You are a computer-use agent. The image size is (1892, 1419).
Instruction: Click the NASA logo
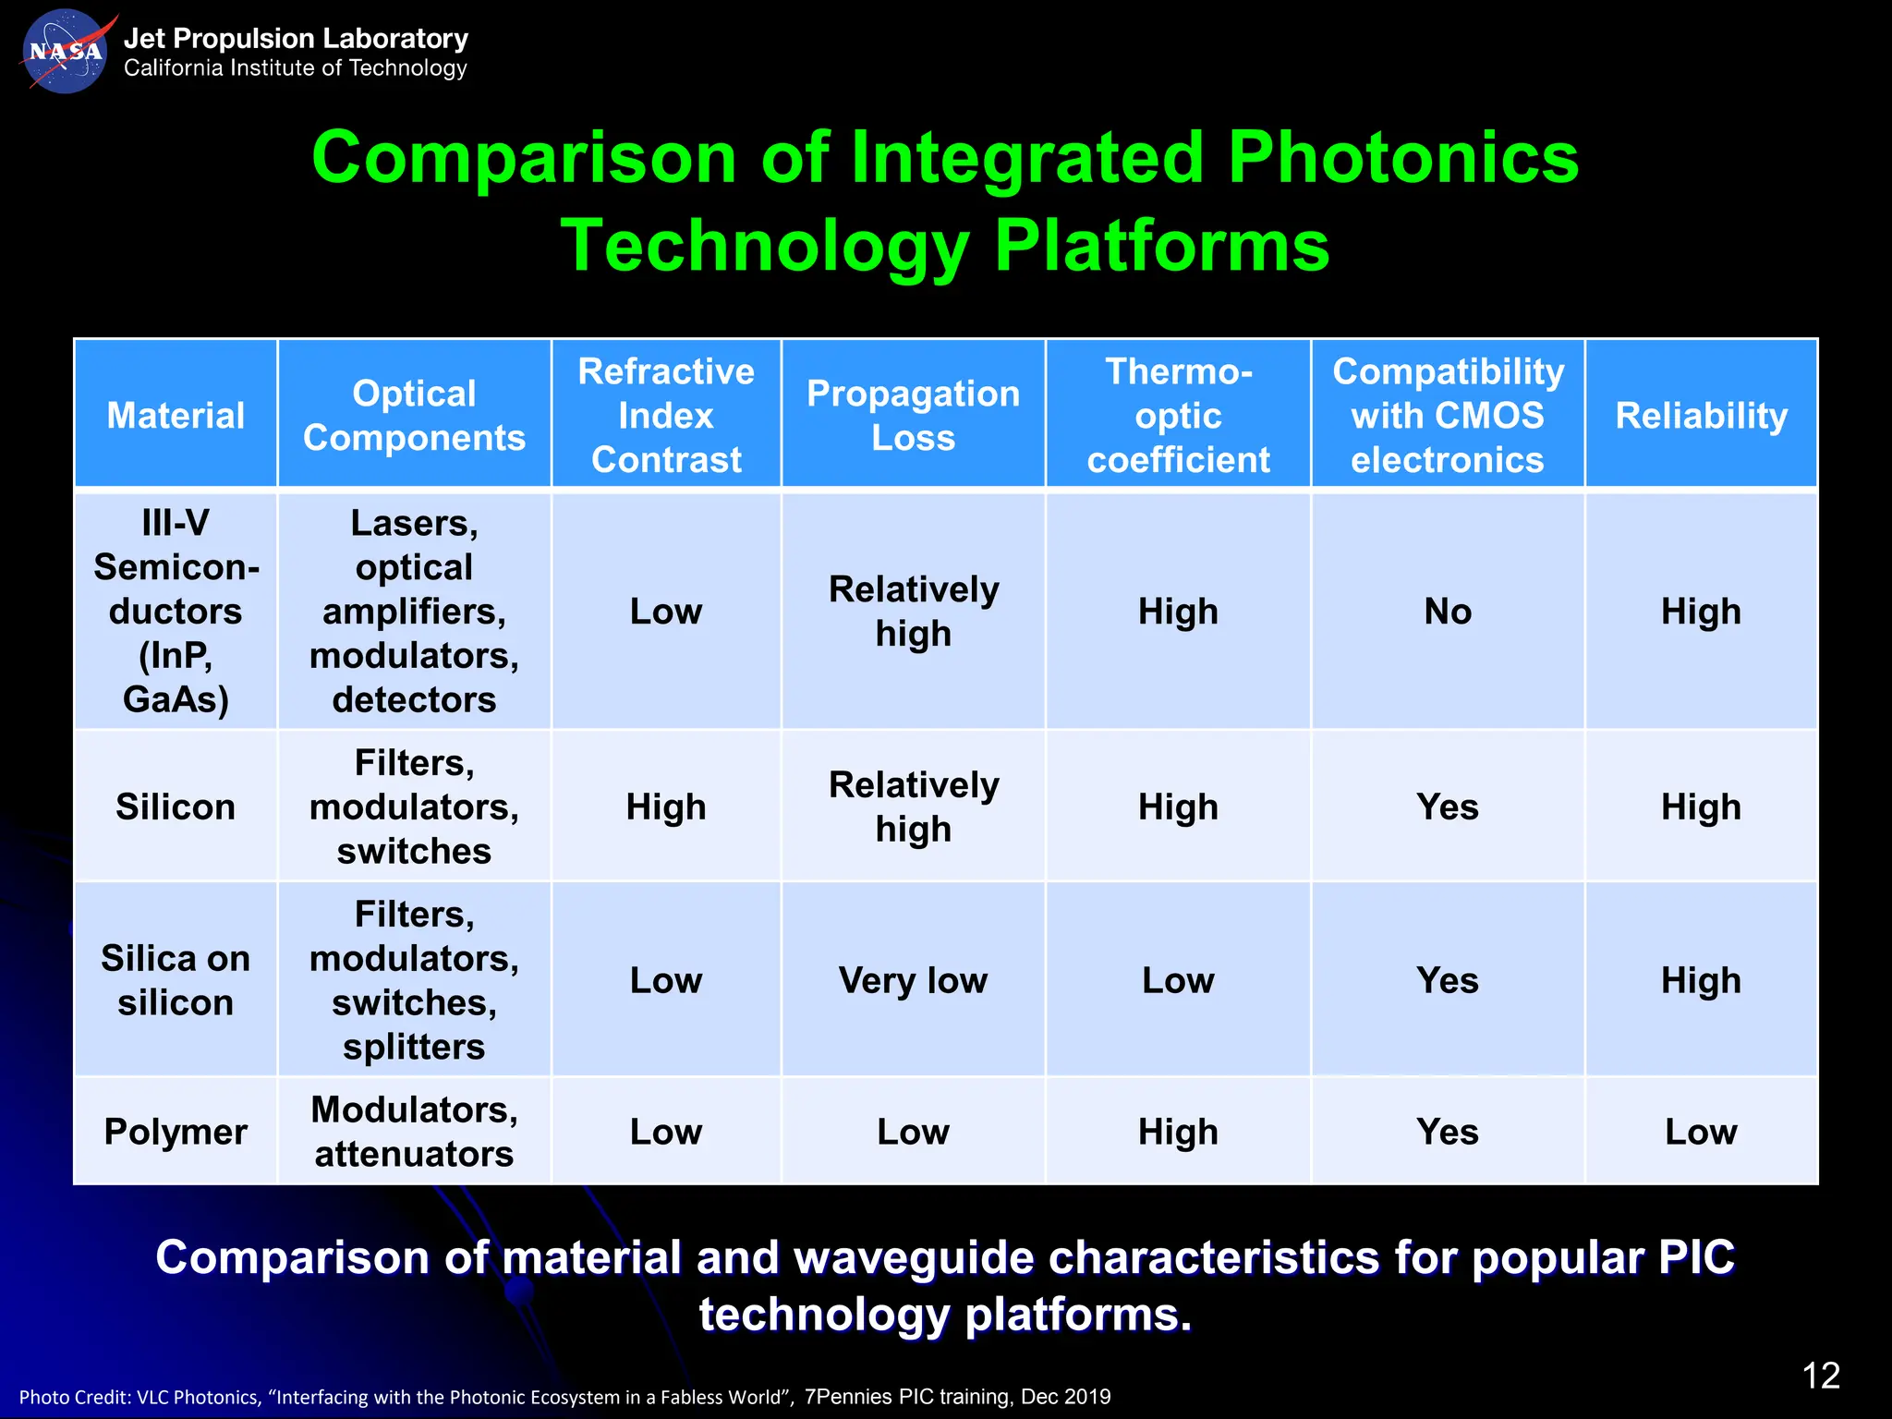point(65,52)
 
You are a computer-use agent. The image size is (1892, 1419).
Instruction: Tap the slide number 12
point(1821,1376)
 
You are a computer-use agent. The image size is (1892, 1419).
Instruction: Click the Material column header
point(176,416)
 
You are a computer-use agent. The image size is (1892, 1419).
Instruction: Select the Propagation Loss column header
point(913,416)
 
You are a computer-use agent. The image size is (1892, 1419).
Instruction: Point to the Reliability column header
point(1701,416)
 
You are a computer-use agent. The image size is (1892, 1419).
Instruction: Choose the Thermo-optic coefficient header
point(1178,416)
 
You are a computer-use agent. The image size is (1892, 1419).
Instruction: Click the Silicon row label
point(176,807)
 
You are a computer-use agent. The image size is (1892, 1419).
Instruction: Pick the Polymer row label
point(176,1132)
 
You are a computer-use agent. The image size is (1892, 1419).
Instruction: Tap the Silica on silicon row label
point(176,980)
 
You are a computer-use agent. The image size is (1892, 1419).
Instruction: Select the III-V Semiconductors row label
point(176,612)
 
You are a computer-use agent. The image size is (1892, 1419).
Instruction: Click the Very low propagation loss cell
point(913,980)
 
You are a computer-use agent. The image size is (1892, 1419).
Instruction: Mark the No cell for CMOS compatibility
point(1448,612)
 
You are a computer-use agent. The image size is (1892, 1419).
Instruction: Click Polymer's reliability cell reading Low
point(1701,1132)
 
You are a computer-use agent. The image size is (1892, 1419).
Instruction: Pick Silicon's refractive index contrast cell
point(666,807)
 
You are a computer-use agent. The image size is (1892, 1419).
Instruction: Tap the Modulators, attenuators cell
point(414,1132)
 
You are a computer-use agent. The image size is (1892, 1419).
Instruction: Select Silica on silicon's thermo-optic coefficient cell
point(1178,980)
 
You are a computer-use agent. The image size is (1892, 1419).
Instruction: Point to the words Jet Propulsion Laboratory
point(296,39)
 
